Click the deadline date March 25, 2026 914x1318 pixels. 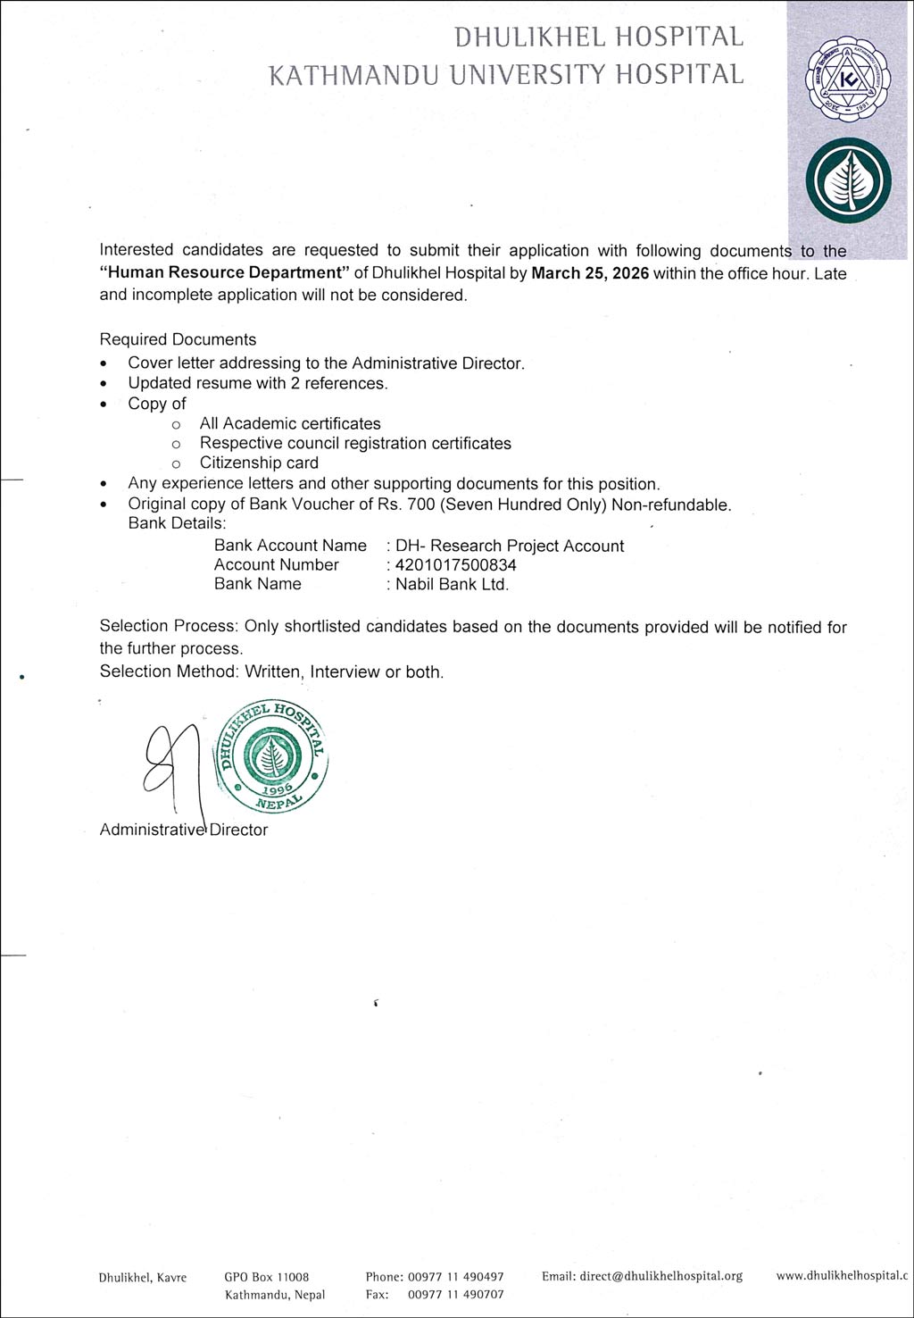coord(590,273)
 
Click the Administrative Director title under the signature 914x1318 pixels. coord(184,830)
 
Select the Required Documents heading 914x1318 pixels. coord(178,339)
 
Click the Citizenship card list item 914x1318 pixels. coord(259,463)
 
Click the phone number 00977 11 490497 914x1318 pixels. coord(456,1277)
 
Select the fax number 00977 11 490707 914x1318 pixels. coord(456,1294)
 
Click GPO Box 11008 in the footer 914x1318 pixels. coord(267,1277)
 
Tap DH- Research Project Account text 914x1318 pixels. coord(510,546)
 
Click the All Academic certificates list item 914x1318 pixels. coord(290,423)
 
